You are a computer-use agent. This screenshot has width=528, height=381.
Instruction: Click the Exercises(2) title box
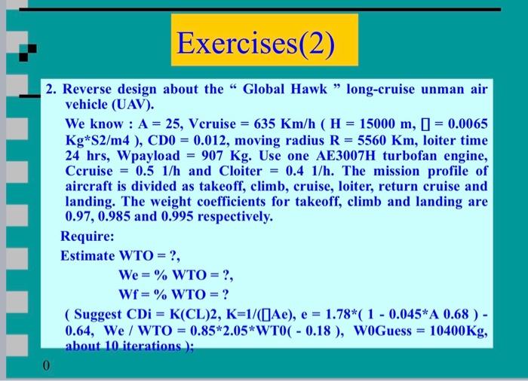[254, 40]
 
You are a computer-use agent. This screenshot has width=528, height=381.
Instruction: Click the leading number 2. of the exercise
[51, 89]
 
